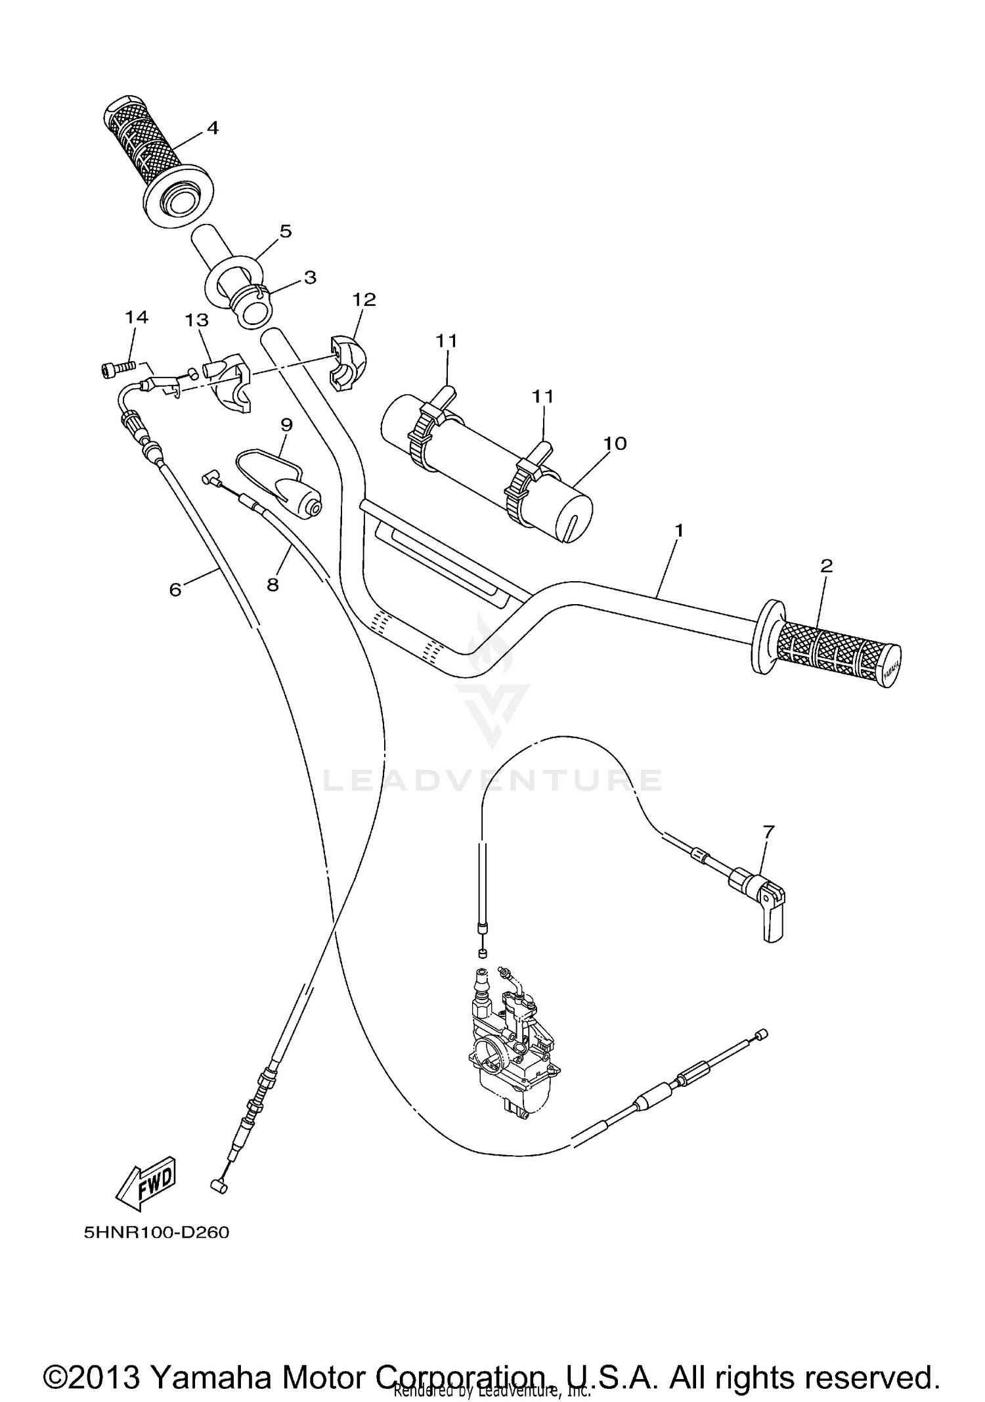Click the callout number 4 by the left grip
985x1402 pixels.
click(x=212, y=127)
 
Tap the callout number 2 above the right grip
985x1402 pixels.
click(x=826, y=565)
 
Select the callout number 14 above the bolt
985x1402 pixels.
click(x=137, y=317)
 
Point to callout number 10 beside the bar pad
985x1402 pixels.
click(x=615, y=443)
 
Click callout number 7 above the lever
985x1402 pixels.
click(x=769, y=831)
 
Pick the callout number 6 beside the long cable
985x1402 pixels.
click(x=175, y=590)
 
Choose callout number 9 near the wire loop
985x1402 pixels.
click(x=286, y=425)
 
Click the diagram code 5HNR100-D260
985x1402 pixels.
click(x=156, y=1233)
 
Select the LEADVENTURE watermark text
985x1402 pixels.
click(x=492, y=780)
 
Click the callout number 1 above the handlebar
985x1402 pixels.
click(x=680, y=529)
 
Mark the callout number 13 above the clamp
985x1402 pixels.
click(x=196, y=320)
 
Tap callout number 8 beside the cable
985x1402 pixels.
click(x=273, y=584)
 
